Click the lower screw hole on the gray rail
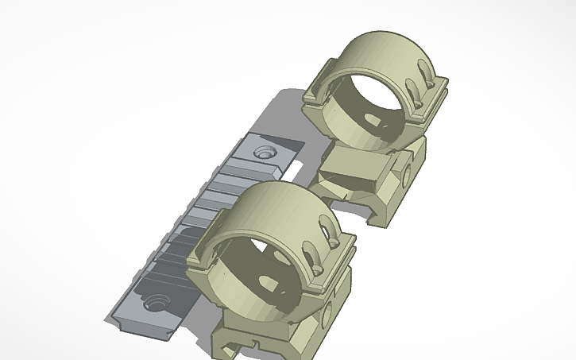point(153,302)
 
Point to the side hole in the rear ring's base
point(408,174)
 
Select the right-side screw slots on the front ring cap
point(322,253)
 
